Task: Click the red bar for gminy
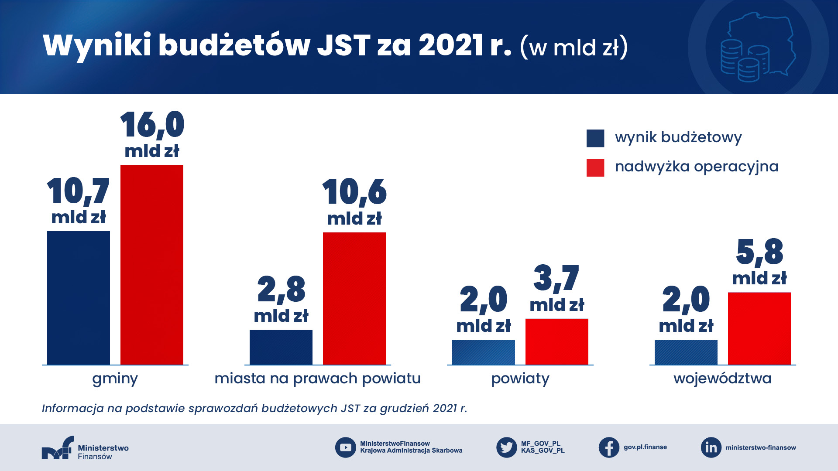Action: (152, 264)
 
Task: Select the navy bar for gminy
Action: (79, 297)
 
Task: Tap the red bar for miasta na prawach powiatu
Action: (354, 298)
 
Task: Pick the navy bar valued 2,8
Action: (281, 347)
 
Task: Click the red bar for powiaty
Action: (557, 341)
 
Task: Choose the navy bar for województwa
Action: (686, 352)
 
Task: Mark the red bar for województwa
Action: (759, 328)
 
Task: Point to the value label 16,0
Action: (152, 125)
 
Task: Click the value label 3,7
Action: (556, 278)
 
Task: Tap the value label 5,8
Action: (759, 252)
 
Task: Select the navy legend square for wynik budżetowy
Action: (595, 138)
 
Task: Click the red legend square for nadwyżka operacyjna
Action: (595, 167)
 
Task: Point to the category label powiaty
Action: (520, 379)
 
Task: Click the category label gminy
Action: (115, 379)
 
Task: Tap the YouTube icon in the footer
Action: (346, 447)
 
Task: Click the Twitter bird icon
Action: (507, 447)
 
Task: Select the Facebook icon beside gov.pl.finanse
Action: (609, 447)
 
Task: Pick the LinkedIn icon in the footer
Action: (711, 447)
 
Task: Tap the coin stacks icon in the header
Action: (745, 61)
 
